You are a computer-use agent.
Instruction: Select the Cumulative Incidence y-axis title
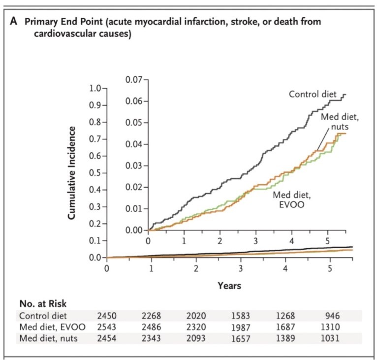(72, 173)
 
